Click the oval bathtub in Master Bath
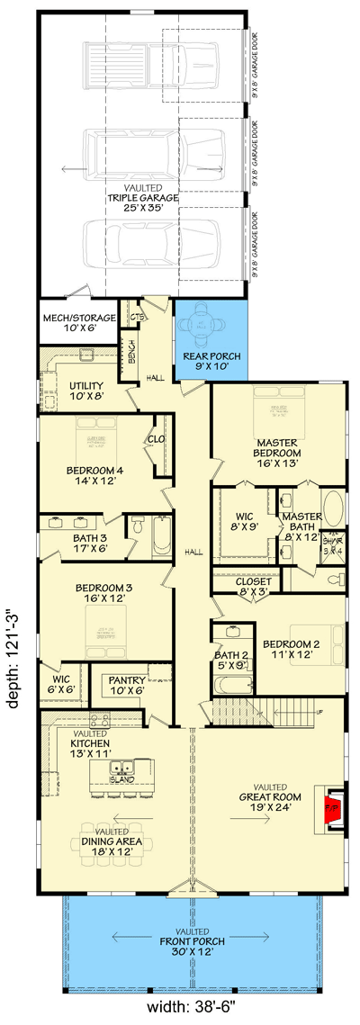[332, 512]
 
